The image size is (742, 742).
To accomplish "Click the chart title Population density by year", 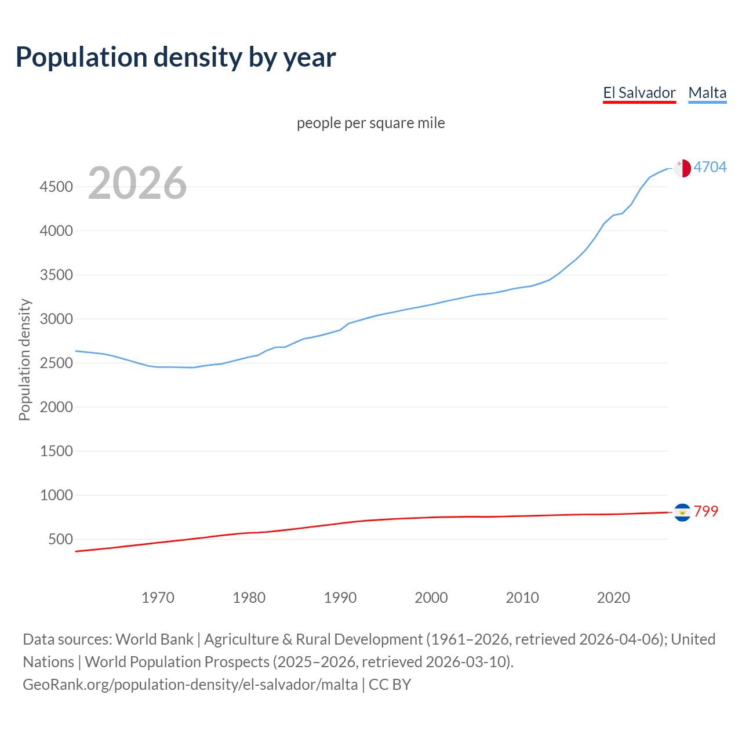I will coord(176,57).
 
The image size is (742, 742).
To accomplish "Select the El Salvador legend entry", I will coord(639,93).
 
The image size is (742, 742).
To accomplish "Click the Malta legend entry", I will coord(707,93).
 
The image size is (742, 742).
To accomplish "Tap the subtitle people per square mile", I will coord(371,123).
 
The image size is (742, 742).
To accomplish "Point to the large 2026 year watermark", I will coord(137,183).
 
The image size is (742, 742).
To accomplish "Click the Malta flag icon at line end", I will coord(682,168).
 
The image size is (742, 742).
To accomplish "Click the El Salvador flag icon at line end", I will coord(682,512).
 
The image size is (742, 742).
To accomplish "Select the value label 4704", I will coord(710,167).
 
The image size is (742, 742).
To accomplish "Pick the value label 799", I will coord(706,511).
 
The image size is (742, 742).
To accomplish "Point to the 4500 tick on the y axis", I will coord(56,187).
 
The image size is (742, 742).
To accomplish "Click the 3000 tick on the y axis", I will coord(56,319).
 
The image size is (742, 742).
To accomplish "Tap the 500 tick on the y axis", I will coord(61,539).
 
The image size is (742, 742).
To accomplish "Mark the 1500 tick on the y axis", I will coord(56,451).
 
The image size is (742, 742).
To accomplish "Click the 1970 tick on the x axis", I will coord(158,598).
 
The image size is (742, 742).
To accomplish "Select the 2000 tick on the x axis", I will coord(431,598).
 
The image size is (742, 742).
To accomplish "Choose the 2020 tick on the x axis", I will coord(613,598).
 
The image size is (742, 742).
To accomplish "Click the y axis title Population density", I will coord(24,359).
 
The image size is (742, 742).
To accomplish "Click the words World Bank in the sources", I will coord(154,639).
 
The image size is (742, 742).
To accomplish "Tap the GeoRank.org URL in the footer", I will coord(190,685).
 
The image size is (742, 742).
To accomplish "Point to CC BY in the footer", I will coord(390,685).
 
